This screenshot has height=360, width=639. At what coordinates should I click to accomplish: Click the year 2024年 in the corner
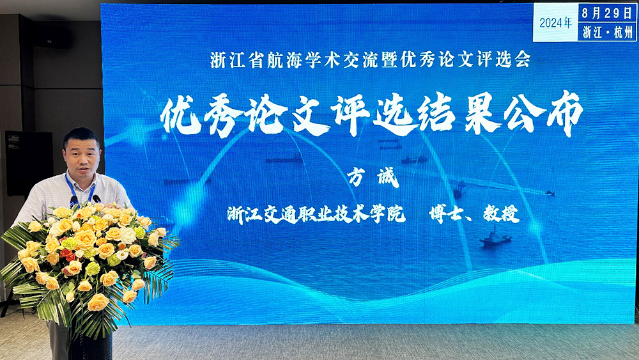[x=555, y=23]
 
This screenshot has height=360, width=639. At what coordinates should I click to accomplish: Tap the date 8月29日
[x=607, y=13]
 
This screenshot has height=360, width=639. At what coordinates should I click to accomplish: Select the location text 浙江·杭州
[x=607, y=32]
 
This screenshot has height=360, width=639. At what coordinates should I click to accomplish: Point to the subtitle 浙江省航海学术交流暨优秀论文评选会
[x=371, y=59]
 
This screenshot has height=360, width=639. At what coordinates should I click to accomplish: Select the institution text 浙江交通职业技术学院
[x=316, y=214]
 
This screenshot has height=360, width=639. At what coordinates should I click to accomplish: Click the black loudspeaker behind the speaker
[x=29, y=163]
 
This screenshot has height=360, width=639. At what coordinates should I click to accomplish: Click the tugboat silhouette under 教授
[x=495, y=238]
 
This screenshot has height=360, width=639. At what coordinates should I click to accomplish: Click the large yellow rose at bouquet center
[x=85, y=239]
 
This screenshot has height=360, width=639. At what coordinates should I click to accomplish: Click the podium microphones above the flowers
[x=85, y=200]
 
